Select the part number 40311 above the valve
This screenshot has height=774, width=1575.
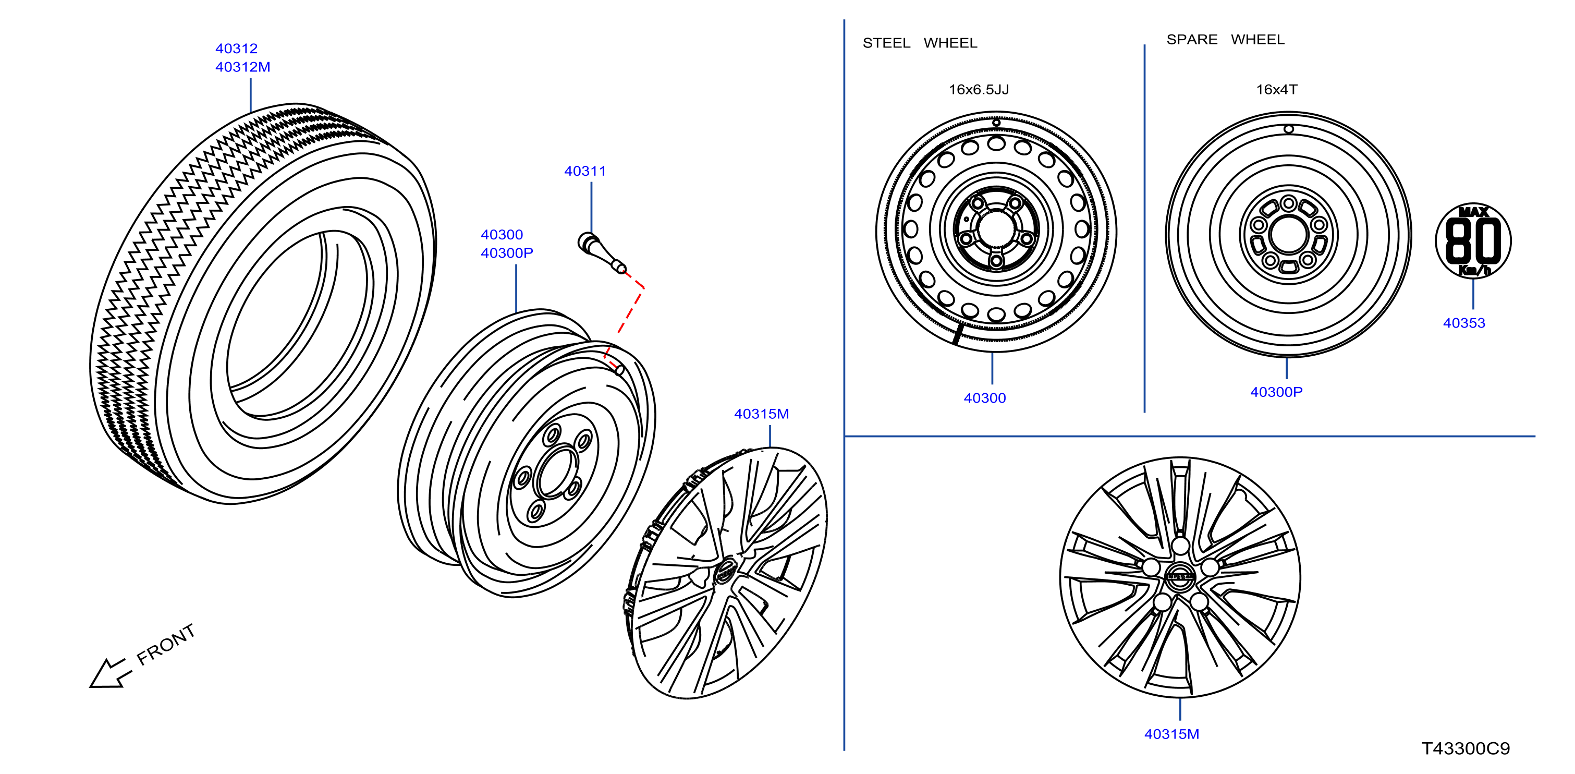584,171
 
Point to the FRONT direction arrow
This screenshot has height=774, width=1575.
110,672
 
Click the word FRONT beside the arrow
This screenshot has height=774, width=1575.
166,644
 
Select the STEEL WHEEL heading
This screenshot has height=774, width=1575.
920,43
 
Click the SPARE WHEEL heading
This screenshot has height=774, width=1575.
1225,39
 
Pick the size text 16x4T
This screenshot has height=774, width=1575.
1277,89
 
